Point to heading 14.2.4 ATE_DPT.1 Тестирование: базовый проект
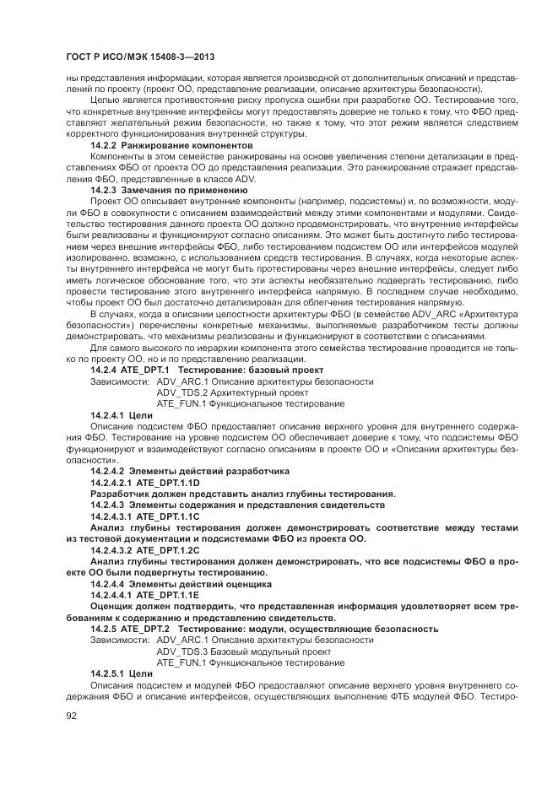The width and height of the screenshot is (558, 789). (x=207, y=370)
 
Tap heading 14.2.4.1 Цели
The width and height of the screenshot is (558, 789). (x=122, y=415)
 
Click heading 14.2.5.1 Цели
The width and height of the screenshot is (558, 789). (x=122, y=673)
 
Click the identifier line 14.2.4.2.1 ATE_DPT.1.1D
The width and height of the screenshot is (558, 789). (x=144, y=482)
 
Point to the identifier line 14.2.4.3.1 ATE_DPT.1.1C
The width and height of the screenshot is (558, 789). (x=144, y=516)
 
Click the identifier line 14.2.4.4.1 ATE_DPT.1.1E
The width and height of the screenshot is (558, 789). (x=144, y=595)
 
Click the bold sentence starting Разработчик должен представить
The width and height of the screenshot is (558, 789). (x=243, y=493)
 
